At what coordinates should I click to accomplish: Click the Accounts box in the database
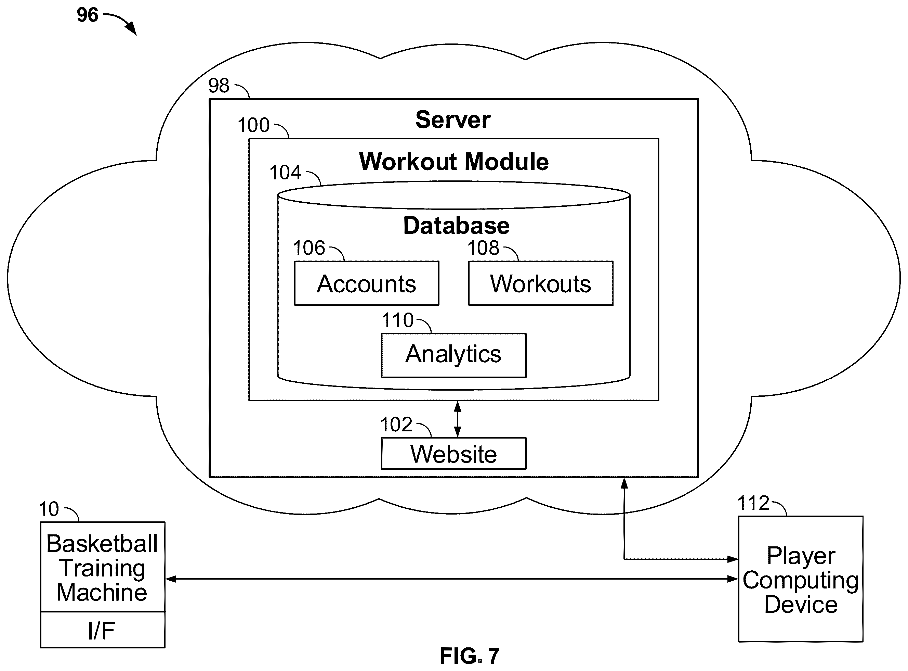click(x=366, y=283)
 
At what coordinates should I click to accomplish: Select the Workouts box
click(x=540, y=283)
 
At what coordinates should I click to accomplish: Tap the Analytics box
click(x=453, y=355)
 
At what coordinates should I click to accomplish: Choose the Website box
click(x=453, y=453)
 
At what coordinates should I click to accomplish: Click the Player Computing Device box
click(x=801, y=579)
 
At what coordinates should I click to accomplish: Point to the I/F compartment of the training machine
click(x=103, y=630)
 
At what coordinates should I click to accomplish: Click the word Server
click(x=453, y=120)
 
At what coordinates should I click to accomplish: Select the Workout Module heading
click(x=453, y=162)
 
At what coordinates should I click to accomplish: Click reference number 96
click(x=87, y=15)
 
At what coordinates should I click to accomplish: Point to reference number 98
click(x=219, y=85)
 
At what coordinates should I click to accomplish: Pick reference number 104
click(x=285, y=172)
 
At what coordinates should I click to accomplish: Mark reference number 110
click(x=397, y=320)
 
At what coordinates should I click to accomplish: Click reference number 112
click(x=753, y=503)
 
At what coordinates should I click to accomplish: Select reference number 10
click(x=49, y=509)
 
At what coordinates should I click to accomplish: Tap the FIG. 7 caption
click(x=470, y=656)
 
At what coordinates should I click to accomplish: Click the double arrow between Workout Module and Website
click(x=457, y=419)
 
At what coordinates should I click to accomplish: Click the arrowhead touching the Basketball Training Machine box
click(x=170, y=579)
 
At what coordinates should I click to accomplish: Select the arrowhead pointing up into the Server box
click(x=624, y=483)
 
